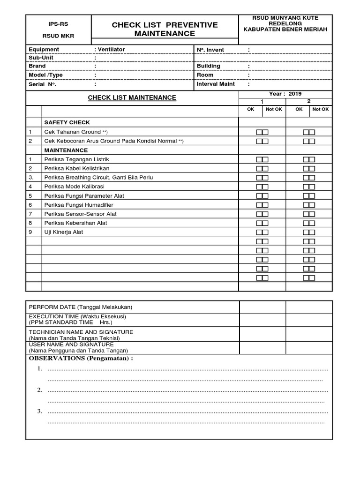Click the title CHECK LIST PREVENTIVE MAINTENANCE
tap(165, 29)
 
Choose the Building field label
tap(209, 66)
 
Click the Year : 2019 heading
tap(285, 94)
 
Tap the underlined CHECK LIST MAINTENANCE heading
tap(132, 97)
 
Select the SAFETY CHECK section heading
tap(67, 122)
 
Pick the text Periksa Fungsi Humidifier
tap(79, 205)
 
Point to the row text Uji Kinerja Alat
tap(64, 232)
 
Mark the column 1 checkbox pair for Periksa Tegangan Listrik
tap(262, 159)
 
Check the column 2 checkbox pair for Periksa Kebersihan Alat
tap(309, 223)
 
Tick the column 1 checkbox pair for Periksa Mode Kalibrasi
tap(262, 187)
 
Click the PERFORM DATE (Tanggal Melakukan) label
tap(81, 307)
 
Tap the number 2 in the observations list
tap(40, 390)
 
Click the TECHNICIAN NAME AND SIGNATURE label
tap(81, 332)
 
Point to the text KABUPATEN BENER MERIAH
tap(285, 29)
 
